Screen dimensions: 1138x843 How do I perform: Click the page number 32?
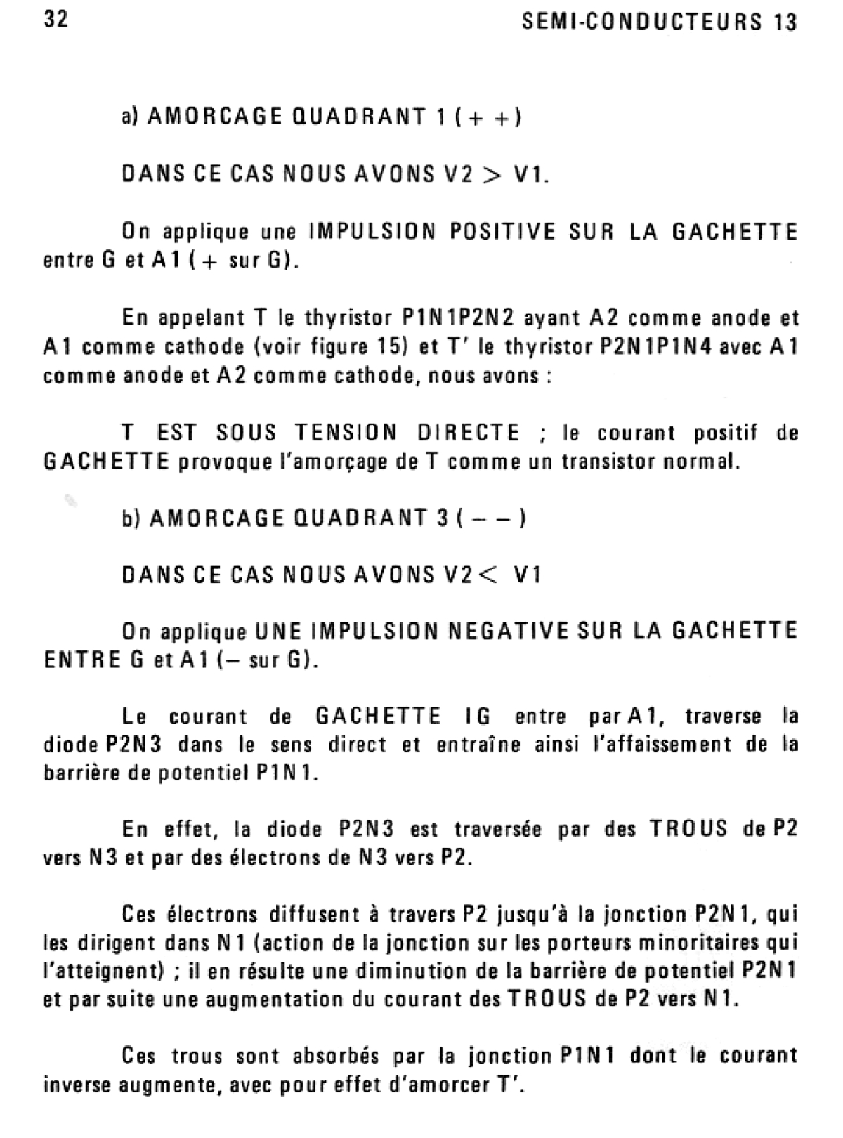click(56, 20)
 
